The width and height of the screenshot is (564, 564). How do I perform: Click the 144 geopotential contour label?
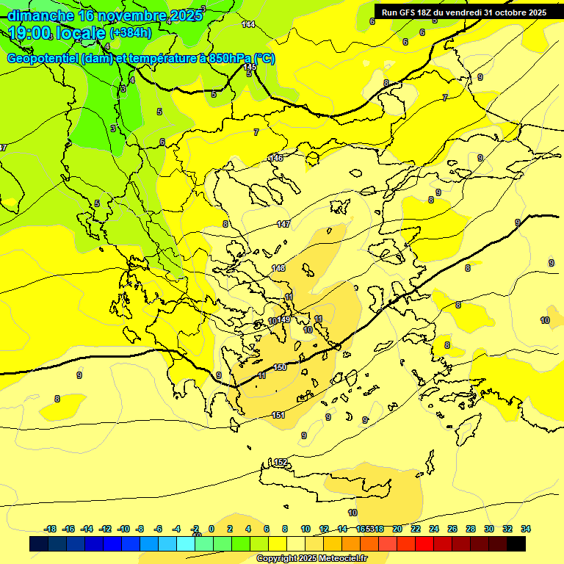pyautogui.click(x=248, y=24)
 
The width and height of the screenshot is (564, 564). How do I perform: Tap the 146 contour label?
pyautogui.click(x=276, y=158)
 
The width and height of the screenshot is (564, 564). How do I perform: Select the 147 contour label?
pyautogui.click(x=283, y=224)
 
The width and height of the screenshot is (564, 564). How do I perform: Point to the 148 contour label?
pyautogui.click(x=278, y=268)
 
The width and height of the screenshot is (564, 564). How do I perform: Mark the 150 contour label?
pyautogui.click(x=279, y=367)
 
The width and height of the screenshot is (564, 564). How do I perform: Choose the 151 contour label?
pyautogui.click(x=278, y=416)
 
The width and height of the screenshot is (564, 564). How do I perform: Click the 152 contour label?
pyautogui.click(x=281, y=462)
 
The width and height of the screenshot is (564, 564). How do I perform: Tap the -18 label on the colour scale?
pyautogui.click(x=51, y=529)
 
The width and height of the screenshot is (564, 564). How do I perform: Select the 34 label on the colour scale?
pyautogui.click(x=526, y=529)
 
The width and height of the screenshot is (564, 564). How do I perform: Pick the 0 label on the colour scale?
pyautogui.click(x=211, y=529)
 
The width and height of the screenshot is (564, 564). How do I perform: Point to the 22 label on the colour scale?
pyautogui.click(x=416, y=529)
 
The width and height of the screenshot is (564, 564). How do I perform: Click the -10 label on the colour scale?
pyautogui.click(x=124, y=529)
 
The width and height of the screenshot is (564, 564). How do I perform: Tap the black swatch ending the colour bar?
pyautogui.click(x=516, y=544)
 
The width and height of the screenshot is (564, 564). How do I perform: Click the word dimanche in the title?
pyautogui.click(x=40, y=15)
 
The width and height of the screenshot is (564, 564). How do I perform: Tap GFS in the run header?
pyautogui.click(x=406, y=12)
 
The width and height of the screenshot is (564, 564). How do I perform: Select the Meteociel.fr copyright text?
pyautogui.click(x=311, y=559)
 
